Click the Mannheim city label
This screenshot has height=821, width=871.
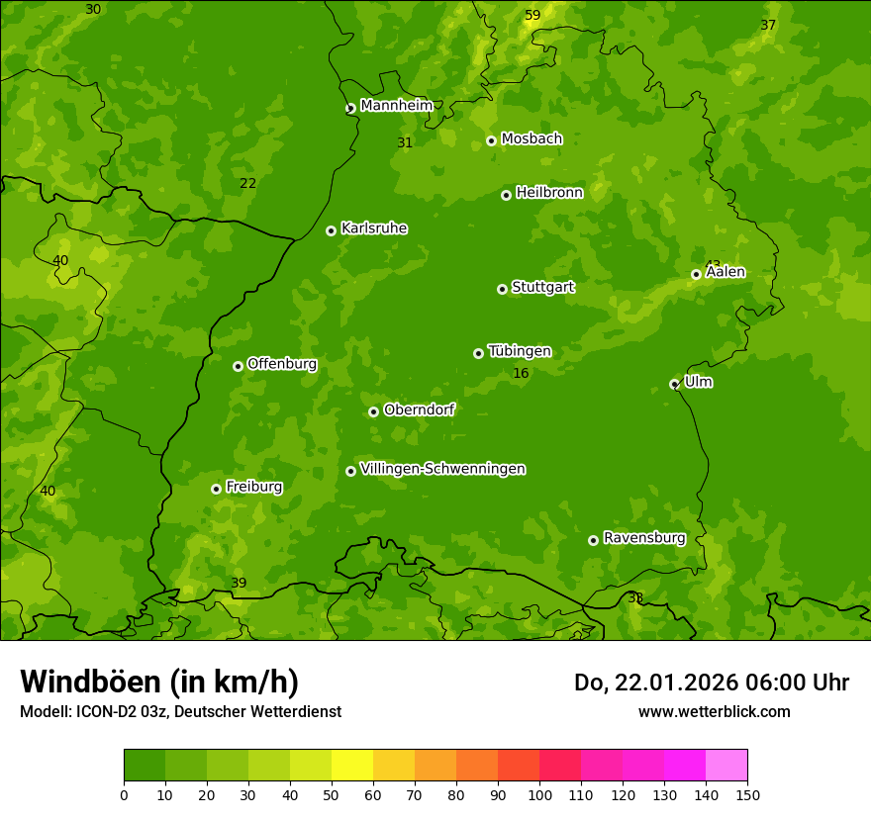click(396, 106)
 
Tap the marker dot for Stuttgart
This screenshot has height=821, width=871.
click(502, 289)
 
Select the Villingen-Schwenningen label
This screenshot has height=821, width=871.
click(442, 469)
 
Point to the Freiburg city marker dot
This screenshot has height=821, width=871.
click(216, 489)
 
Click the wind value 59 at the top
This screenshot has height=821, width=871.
click(532, 15)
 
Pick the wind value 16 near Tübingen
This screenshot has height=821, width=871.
click(521, 373)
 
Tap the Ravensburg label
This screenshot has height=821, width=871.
click(644, 538)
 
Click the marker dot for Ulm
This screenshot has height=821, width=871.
click(674, 384)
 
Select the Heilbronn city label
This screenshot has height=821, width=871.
click(549, 193)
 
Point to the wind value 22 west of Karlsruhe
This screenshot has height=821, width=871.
click(247, 183)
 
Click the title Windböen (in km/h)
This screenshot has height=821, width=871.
click(159, 682)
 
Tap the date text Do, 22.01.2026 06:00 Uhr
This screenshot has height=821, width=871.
click(711, 683)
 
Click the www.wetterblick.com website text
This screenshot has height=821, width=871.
click(714, 711)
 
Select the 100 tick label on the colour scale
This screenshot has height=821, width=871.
click(539, 794)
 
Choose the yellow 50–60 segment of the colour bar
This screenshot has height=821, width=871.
click(352, 766)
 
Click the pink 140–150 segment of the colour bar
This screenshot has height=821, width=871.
click(726, 766)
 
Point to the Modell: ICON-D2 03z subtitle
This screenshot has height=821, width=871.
click(180, 711)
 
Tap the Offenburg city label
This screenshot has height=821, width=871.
click(282, 364)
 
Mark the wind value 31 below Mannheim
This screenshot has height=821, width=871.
click(405, 142)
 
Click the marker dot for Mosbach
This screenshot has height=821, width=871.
click(491, 140)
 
